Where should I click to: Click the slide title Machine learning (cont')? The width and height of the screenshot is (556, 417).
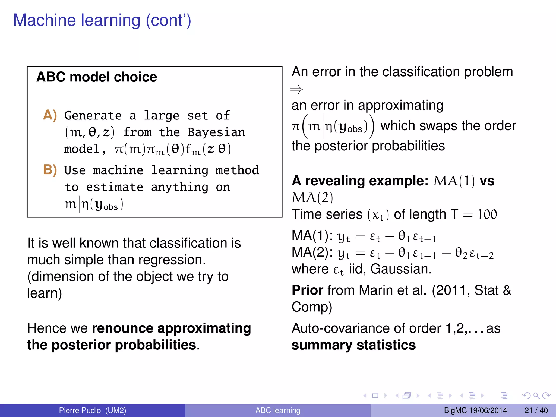click(x=102, y=21)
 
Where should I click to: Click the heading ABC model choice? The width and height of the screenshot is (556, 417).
click(x=97, y=77)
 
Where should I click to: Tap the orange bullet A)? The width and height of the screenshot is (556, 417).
click(x=50, y=115)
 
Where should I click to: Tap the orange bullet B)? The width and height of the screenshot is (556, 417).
click(x=50, y=170)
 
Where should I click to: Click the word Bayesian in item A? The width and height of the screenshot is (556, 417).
click(x=216, y=132)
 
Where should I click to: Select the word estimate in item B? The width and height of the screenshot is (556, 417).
click(x=115, y=187)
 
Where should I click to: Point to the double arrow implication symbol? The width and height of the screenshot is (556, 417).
click(x=296, y=89)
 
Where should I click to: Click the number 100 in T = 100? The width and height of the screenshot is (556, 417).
click(x=487, y=214)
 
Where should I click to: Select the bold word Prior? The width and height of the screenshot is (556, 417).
click(x=307, y=290)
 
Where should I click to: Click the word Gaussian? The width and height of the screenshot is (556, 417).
click(x=400, y=269)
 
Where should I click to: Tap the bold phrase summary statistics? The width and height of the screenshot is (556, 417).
click(x=353, y=345)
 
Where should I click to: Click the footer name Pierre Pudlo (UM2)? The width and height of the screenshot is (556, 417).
click(x=93, y=410)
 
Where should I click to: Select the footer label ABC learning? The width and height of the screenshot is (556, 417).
click(x=278, y=410)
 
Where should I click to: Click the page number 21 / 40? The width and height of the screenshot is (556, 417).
click(x=536, y=410)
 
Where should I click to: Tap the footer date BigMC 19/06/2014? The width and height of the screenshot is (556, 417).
click(x=475, y=410)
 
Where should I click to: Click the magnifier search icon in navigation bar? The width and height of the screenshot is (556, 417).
click(x=536, y=396)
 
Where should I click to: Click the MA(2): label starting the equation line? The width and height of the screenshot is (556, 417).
click(x=312, y=252)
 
